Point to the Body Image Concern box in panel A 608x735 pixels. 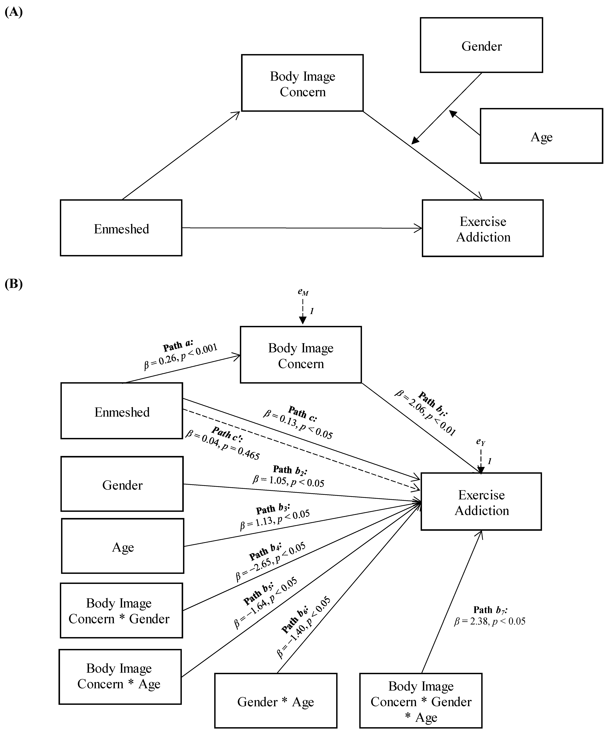[x=302, y=83]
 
